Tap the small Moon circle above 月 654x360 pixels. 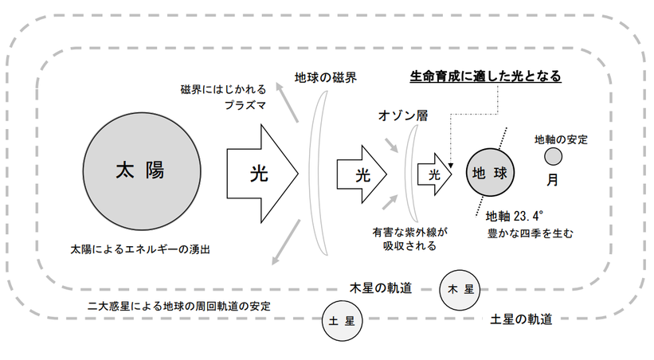552,155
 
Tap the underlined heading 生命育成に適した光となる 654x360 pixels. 485,76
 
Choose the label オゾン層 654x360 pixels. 403,115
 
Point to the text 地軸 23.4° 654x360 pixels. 514,216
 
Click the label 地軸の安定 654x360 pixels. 561,140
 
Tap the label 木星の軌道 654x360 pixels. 381,288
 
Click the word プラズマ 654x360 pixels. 244,104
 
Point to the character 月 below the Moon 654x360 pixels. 552,179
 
